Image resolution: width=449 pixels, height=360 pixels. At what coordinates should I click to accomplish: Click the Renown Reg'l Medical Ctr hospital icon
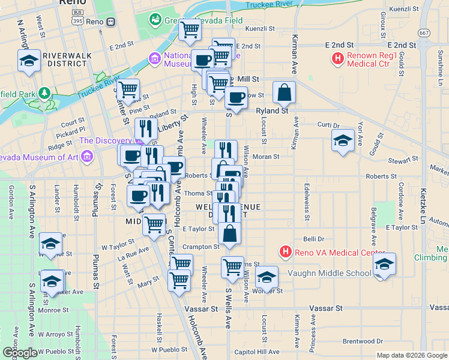tap(338, 59)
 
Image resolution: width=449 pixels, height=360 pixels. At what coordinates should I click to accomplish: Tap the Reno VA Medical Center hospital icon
tap(286, 252)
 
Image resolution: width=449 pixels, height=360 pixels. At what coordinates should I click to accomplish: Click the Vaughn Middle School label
tap(330, 273)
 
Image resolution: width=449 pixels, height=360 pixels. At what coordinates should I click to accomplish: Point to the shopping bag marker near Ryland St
tap(284, 94)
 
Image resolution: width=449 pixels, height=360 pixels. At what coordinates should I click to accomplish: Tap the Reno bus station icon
tap(110, 22)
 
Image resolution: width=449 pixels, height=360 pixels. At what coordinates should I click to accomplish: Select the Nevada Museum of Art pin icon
tap(88, 157)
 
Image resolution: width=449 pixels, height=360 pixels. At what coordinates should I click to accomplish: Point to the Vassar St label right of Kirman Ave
tap(326, 308)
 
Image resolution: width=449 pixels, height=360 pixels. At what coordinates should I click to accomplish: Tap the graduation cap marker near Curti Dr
tap(342, 142)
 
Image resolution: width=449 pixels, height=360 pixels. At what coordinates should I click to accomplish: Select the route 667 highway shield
tap(425, 33)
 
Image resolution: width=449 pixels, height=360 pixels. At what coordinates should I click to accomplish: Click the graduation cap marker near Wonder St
tap(267, 277)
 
